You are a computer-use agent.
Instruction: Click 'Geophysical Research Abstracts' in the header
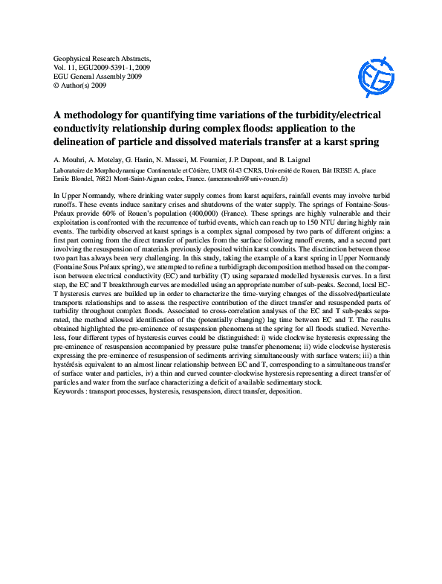coord(103,57)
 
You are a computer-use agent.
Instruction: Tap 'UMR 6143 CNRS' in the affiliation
coord(226,170)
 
